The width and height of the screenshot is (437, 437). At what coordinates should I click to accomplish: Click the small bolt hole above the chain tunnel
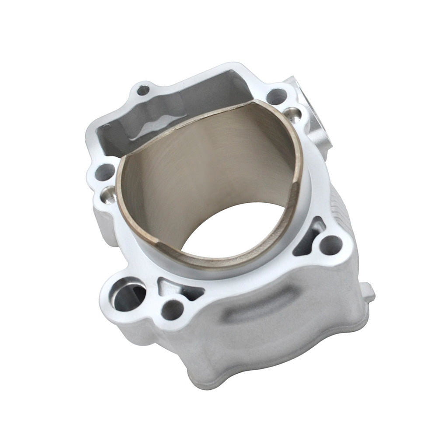click(143, 91)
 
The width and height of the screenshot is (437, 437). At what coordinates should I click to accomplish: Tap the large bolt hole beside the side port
click(277, 96)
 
